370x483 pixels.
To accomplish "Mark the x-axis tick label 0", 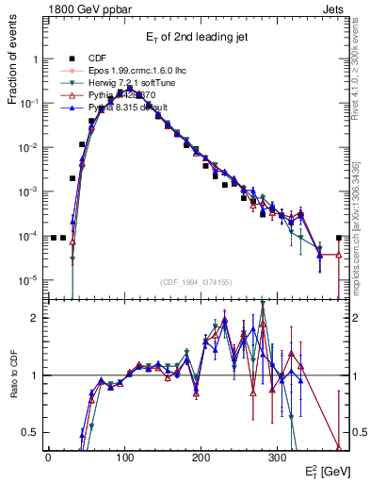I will [x=48, y=456].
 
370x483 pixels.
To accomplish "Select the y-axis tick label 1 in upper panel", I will [x=35, y=59].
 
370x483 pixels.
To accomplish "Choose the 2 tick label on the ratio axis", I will [x=35, y=318].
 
